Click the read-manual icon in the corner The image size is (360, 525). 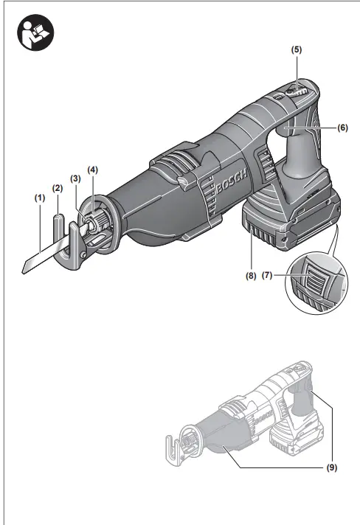coord(35,32)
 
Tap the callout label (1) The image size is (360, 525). coord(40,198)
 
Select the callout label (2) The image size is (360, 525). coord(58,188)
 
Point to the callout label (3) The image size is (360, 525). coord(75,178)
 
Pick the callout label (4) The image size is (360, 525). coord(93,170)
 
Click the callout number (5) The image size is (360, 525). coord(296,49)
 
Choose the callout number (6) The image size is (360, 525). coord(342,128)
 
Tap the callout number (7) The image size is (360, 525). coord(267,276)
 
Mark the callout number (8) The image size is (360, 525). coord(251,277)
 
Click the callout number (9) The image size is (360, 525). coord(331,467)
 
